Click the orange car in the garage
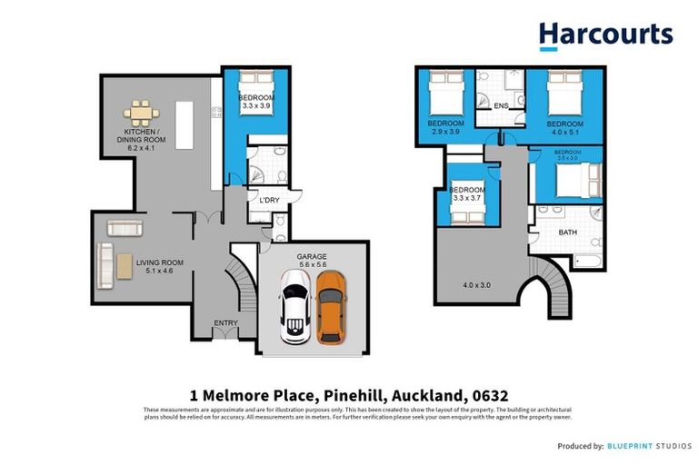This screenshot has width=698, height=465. click(x=331, y=308)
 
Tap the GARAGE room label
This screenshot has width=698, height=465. click(x=313, y=257)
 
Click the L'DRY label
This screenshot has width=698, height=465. click(x=268, y=200)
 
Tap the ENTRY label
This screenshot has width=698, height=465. click(x=225, y=322)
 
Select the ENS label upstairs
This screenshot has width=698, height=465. click(x=501, y=106)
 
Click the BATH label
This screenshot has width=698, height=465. click(x=568, y=232)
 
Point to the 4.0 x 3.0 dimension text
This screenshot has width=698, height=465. click(x=476, y=285)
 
